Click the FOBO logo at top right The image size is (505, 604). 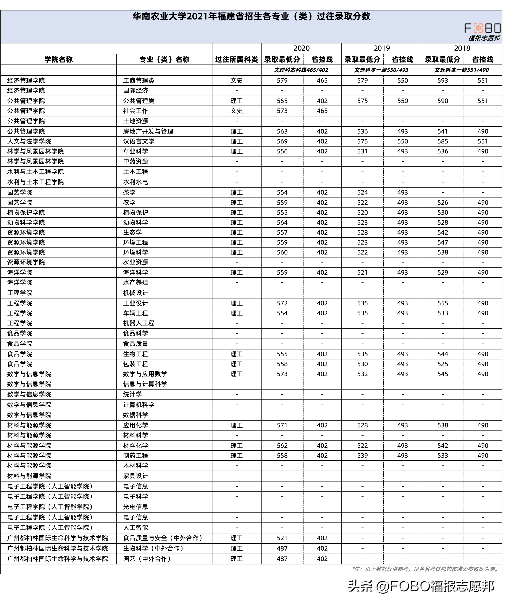(482, 28)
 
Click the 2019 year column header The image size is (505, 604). (382, 48)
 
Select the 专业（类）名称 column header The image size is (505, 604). (164, 60)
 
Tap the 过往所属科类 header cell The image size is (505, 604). (237, 60)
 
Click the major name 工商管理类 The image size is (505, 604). (139, 81)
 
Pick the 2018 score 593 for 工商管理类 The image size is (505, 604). (443, 81)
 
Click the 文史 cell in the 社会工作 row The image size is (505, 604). (237, 111)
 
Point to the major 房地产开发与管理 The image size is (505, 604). (148, 131)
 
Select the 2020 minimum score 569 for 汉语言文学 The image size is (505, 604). (282, 141)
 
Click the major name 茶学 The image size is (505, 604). (129, 192)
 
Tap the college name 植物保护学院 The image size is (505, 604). (26, 213)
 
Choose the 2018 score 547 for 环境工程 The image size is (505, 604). (443, 242)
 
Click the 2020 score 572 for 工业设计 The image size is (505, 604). (282, 303)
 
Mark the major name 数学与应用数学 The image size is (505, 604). (145, 374)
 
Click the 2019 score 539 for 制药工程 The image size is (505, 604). (362, 456)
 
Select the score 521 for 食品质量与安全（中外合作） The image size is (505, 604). (282, 538)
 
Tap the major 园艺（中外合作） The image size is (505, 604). (147, 559)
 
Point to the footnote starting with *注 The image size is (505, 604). (426, 569)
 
